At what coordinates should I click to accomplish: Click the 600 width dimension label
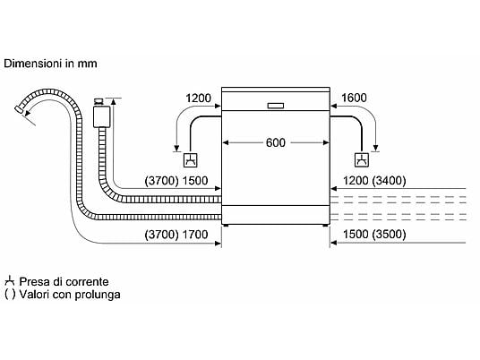[276, 142]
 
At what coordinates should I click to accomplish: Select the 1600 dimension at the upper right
[354, 98]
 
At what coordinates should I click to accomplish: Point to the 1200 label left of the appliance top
[199, 99]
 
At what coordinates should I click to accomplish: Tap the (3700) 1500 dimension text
[176, 181]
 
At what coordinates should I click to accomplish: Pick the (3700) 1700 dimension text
[176, 235]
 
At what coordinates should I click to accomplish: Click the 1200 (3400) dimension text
[374, 181]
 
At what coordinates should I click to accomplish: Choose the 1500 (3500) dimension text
[374, 235]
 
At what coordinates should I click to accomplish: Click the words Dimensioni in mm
[50, 64]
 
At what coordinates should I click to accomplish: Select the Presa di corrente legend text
[64, 281]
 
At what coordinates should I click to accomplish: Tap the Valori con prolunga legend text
[70, 295]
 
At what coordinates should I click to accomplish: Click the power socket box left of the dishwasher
[190, 160]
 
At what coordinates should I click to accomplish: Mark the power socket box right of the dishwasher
[362, 159]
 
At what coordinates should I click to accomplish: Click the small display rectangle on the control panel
[276, 106]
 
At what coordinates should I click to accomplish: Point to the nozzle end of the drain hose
[19, 109]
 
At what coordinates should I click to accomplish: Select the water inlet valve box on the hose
[101, 116]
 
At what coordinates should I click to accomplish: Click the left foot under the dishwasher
[226, 226]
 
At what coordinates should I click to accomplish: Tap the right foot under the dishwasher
[325, 226]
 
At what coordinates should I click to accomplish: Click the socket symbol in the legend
[10, 280]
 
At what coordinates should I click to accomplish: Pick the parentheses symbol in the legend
[10, 295]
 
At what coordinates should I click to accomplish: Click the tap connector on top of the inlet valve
[99, 101]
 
